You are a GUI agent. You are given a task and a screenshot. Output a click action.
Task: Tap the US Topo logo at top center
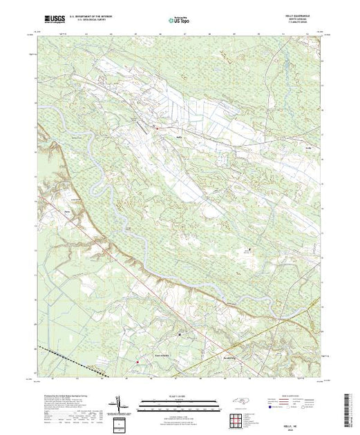(180, 17)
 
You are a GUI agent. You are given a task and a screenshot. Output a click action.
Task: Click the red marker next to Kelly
(157, 127)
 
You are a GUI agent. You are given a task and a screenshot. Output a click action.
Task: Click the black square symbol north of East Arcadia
(181, 333)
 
